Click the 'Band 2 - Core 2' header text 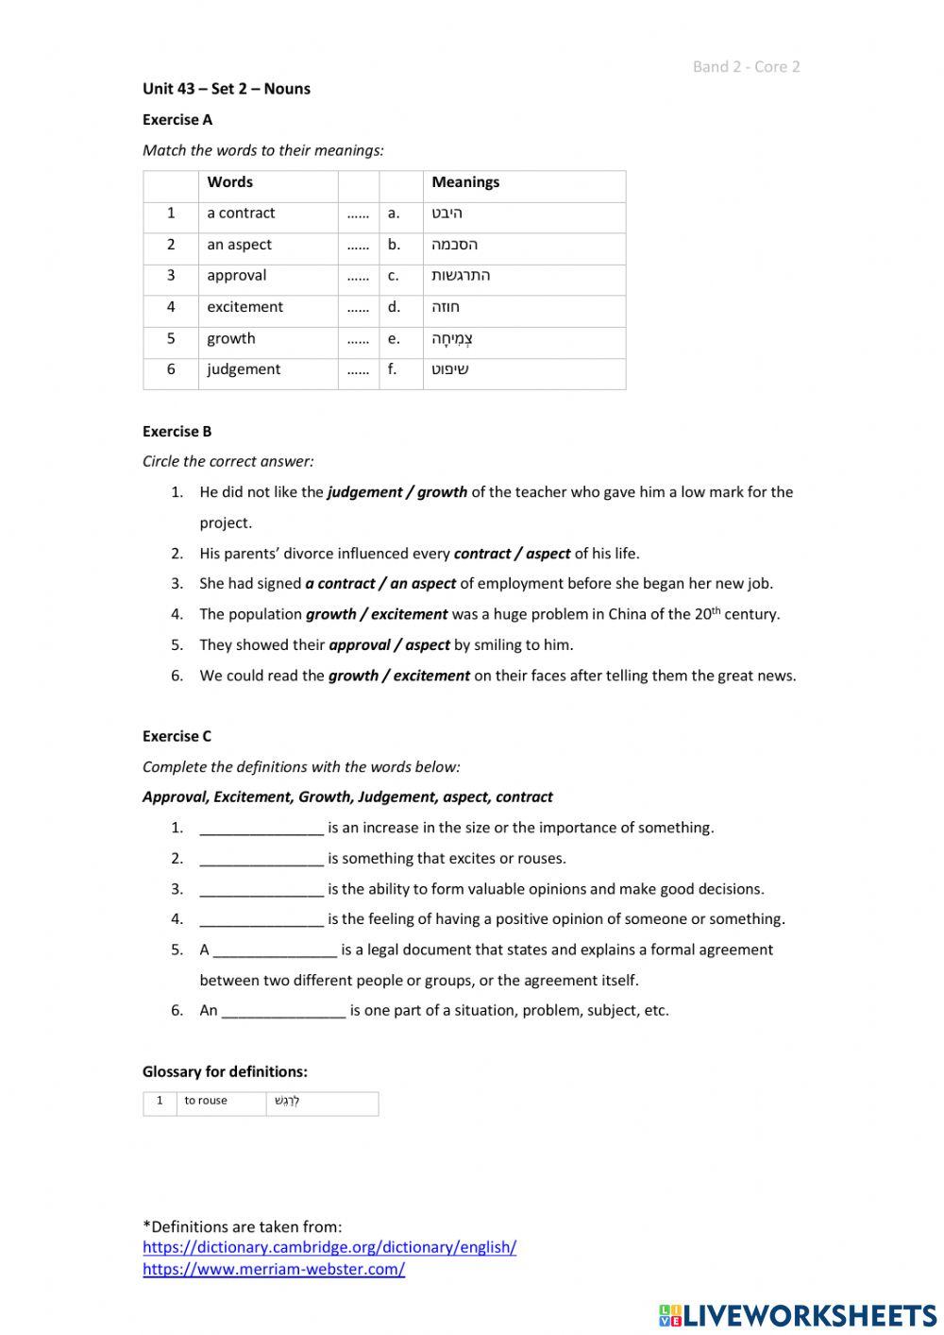(x=746, y=66)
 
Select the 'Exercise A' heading (x=177, y=120)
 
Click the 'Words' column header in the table (x=230, y=182)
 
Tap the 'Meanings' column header (x=465, y=182)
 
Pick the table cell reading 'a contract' (x=242, y=214)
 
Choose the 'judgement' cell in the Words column (x=244, y=369)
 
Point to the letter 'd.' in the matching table (x=394, y=307)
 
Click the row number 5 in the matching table (x=171, y=338)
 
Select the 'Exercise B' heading (x=177, y=432)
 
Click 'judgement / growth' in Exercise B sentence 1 (x=396, y=492)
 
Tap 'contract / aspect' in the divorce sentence (x=512, y=554)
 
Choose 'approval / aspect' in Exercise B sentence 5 (x=389, y=645)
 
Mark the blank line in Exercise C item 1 (x=261, y=829)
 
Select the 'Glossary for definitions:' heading (x=225, y=1071)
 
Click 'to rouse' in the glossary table (x=206, y=1101)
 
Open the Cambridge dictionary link (x=329, y=1247)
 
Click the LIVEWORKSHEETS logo (x=797, y=1314)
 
